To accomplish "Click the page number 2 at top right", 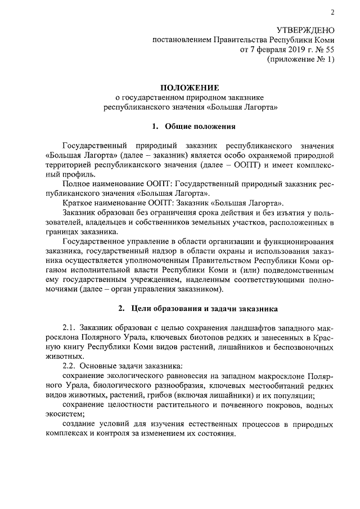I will click(x=332, y=13).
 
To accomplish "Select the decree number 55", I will click(x=328, y=49).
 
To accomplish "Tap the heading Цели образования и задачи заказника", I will click(x=204, y=309).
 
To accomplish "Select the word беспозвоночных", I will click(x=304, y=348).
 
